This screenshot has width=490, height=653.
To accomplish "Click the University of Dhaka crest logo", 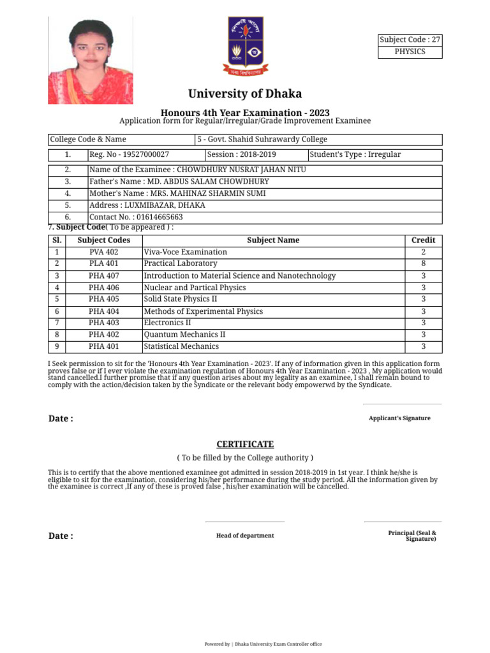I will (246, 46).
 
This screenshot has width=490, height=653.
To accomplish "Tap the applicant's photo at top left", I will (90, 61).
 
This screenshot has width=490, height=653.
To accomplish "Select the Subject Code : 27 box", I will (410, 40).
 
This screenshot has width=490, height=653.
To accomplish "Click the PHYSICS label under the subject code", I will (410, 52).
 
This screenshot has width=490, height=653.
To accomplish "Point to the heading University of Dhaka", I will (244, 94).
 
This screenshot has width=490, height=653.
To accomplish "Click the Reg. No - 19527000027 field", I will (129, 155).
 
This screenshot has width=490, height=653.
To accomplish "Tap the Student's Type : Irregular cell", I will (355, 155).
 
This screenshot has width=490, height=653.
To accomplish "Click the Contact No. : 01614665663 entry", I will (137, 217).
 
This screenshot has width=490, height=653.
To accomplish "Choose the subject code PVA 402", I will (103, 252).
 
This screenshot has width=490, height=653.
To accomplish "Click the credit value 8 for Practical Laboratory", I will (423, 263).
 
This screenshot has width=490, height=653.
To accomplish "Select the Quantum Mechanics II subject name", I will (184, 334).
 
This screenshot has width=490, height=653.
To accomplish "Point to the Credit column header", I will (423, 240).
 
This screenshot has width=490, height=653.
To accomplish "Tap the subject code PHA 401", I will (103, 346).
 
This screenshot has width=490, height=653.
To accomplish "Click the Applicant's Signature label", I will (399, 418).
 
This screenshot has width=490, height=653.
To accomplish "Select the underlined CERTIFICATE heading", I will (245, 444).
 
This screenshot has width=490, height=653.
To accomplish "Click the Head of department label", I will (245, 536).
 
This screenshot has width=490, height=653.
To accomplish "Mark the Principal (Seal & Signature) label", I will (412, 536).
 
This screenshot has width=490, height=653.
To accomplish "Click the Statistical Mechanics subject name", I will (181, 346).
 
